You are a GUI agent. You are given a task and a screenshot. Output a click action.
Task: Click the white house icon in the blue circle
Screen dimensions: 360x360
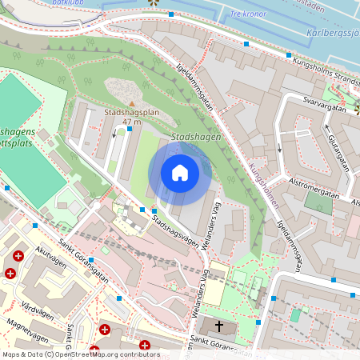point(180,172)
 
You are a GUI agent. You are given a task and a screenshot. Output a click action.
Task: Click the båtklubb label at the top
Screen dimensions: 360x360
point(67,3)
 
